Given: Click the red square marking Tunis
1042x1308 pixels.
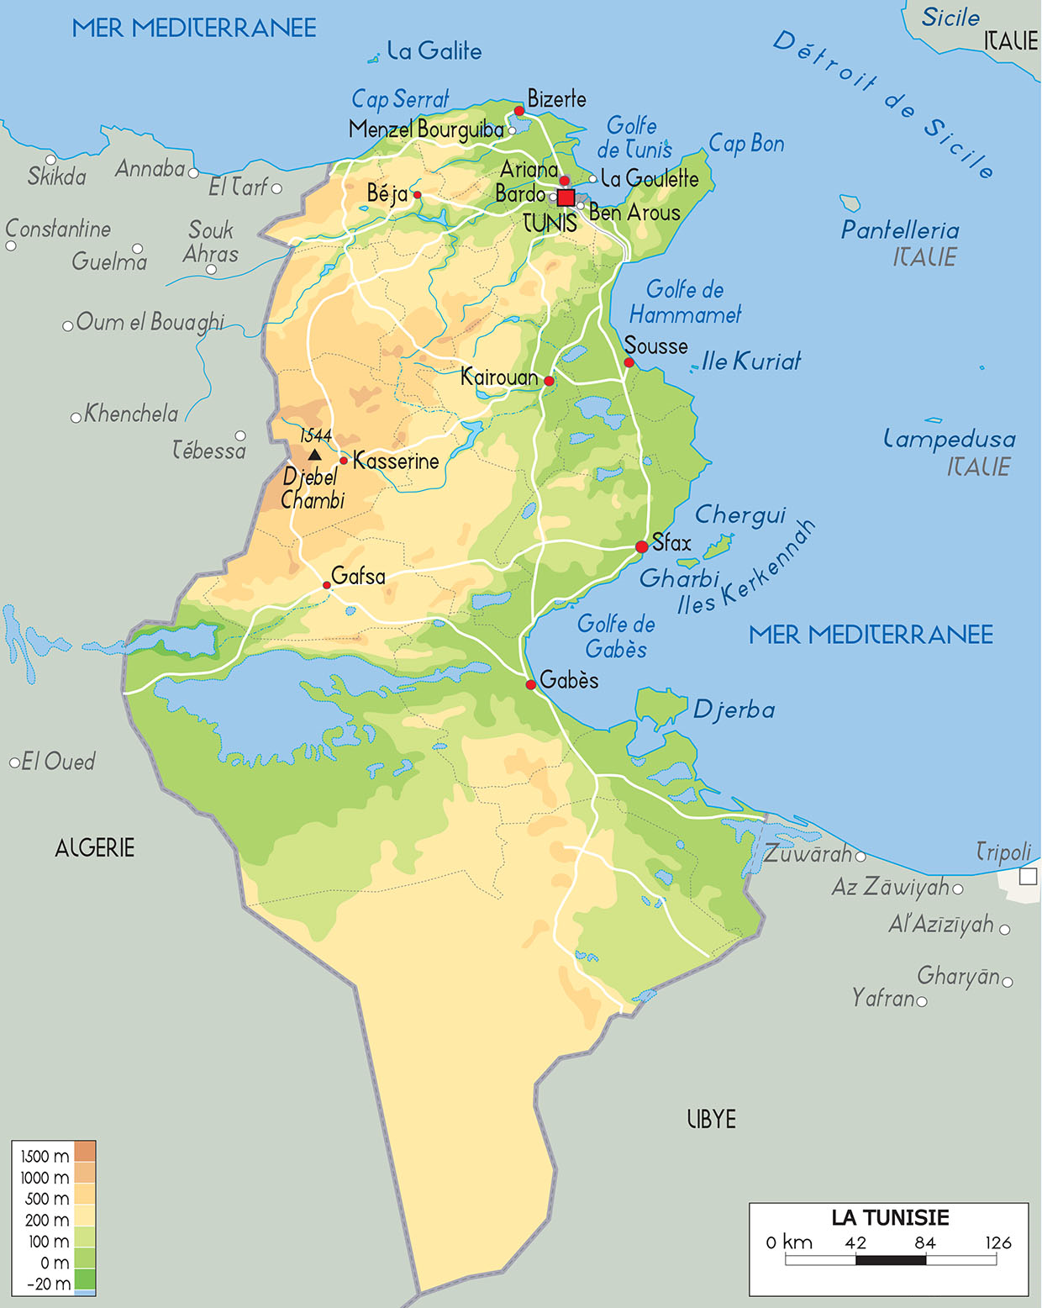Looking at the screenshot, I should pyautogui.click(x=566, y=198).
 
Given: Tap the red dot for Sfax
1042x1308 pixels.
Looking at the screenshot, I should pyautogui.click(x=642, y=546).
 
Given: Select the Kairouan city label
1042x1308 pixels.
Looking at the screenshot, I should pyautogui.click(x=499, y=377).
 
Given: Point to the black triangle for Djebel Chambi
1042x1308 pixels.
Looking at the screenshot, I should pyautogui.click(x=314, y=455).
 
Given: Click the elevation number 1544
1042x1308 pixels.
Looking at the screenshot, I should pyautogui.click(x=316, y=435).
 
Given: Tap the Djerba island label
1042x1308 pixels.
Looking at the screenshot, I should pyautogui.click(x=734, y=710).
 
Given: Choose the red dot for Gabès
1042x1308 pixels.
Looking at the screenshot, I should pyautogui.click(x=531, y=685).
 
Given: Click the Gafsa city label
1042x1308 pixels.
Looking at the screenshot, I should pyautogui.click(x=358, y=576).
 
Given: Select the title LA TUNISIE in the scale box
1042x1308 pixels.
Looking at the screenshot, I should pyautogui.click(x=890, y=1217).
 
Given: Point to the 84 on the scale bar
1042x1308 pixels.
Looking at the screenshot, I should pyautogui.click(x=925, y=1242).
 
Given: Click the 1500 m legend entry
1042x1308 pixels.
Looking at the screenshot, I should pyautogui.click(x=45, y=1156).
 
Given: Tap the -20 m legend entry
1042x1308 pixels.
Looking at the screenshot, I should pyautogui.click(x=49, y=1284).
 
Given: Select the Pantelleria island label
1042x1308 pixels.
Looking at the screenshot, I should pyautogui.click(x=900, y=229).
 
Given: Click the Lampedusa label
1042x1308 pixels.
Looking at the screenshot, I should pyautogui.click(x=950, y=439).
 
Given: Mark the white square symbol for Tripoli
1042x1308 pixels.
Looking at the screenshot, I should pyautogui.click(x=1028, y=877).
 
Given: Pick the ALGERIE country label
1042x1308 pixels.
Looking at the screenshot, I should pyautogui.click(x=94, y=847).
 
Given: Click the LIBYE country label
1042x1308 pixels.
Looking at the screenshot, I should pyautogui.click(x=711, y=1119).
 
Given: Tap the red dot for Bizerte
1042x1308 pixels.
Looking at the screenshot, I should pyautogui.click(x=519, y=111).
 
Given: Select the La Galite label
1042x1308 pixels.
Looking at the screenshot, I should pyautogui.click(x=434, y=51).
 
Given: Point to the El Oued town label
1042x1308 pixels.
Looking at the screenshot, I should pyautogui.click(x=58, y=762).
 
